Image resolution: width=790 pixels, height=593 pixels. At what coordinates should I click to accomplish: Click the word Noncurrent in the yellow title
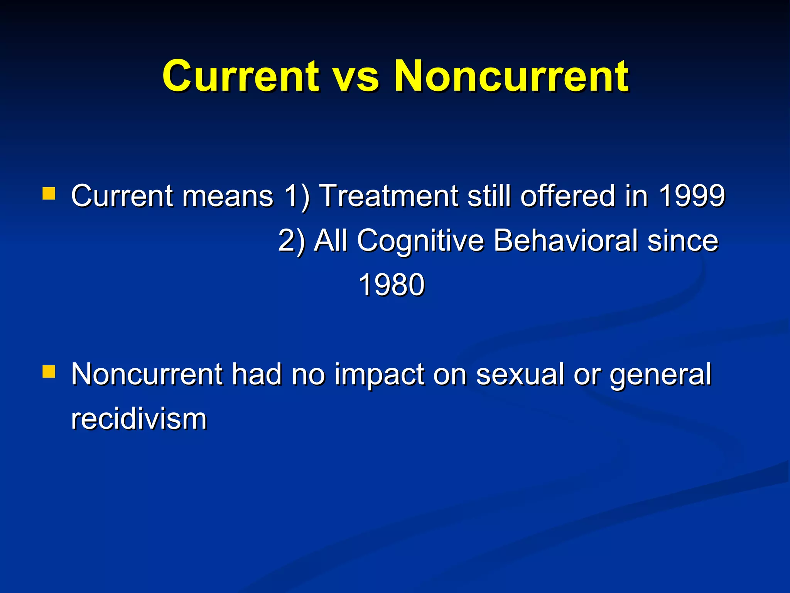[x=511, y=76]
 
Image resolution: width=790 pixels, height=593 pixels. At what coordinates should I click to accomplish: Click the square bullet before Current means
[x=49, y=193]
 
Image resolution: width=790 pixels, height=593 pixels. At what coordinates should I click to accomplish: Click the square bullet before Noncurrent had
[x=49, y=372]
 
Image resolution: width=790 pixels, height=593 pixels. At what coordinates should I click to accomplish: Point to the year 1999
[x=692, y=196]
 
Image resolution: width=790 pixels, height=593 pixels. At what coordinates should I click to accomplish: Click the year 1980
[x=392, y=285]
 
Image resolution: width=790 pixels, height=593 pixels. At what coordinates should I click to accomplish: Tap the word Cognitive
[x=420, y=241]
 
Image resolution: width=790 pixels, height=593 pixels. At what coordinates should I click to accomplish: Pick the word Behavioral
[x=565, y=240]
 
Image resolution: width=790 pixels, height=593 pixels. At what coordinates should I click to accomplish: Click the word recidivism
[x=139, y=419]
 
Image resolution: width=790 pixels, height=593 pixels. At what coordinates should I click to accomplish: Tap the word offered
[x=567, y=196]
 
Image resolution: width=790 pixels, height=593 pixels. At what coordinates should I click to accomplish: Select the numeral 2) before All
[x=292, y=241]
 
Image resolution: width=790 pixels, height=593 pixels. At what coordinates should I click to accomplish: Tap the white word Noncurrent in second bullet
[x=147, y=374]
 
